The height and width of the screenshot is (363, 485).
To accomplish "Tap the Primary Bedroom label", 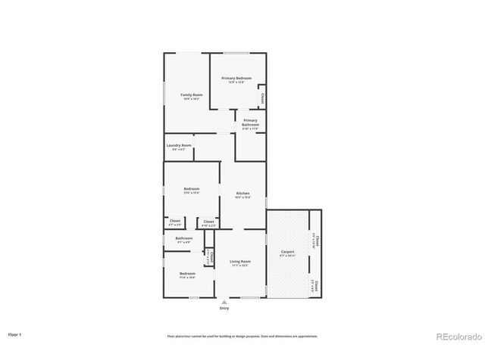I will pos(236,78).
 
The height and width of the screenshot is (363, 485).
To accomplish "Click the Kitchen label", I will pos(242,194).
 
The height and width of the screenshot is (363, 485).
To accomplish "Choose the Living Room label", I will pos(240,262).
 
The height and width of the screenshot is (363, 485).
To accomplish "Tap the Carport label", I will pos(287,250).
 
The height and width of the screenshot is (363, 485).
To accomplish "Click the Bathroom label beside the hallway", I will pos(184,238).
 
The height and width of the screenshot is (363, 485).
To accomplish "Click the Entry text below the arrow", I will pos(224,309).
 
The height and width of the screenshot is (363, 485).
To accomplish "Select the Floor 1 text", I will pos(14,334).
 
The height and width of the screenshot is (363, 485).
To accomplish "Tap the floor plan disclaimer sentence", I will pos(242,336).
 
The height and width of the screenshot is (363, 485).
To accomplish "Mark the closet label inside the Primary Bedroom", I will pos(262,98).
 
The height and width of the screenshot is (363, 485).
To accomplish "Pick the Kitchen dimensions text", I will pos(242,197).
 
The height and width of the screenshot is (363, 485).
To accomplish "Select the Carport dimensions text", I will pos(287,255).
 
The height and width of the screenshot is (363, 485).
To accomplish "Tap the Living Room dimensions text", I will pos(240,265).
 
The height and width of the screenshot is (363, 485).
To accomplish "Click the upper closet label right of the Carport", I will pos(316,242).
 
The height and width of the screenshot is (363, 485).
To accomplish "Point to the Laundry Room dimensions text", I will pos(179,150).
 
